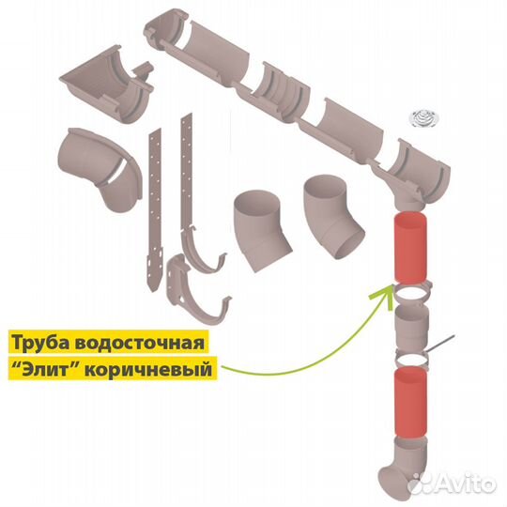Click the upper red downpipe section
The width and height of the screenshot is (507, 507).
[410, 247]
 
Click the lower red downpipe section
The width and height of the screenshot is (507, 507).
[410, 403]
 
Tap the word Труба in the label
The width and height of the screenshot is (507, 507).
[41, 343]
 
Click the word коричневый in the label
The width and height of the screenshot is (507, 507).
[147, 369]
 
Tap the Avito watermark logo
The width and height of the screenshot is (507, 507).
[452, 484]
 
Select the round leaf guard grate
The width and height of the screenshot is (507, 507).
[424, 118]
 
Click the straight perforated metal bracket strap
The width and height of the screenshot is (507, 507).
[156, 210]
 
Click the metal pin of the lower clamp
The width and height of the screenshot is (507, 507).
[440, 344]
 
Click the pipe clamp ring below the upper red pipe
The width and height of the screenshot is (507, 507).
[411, 293]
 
